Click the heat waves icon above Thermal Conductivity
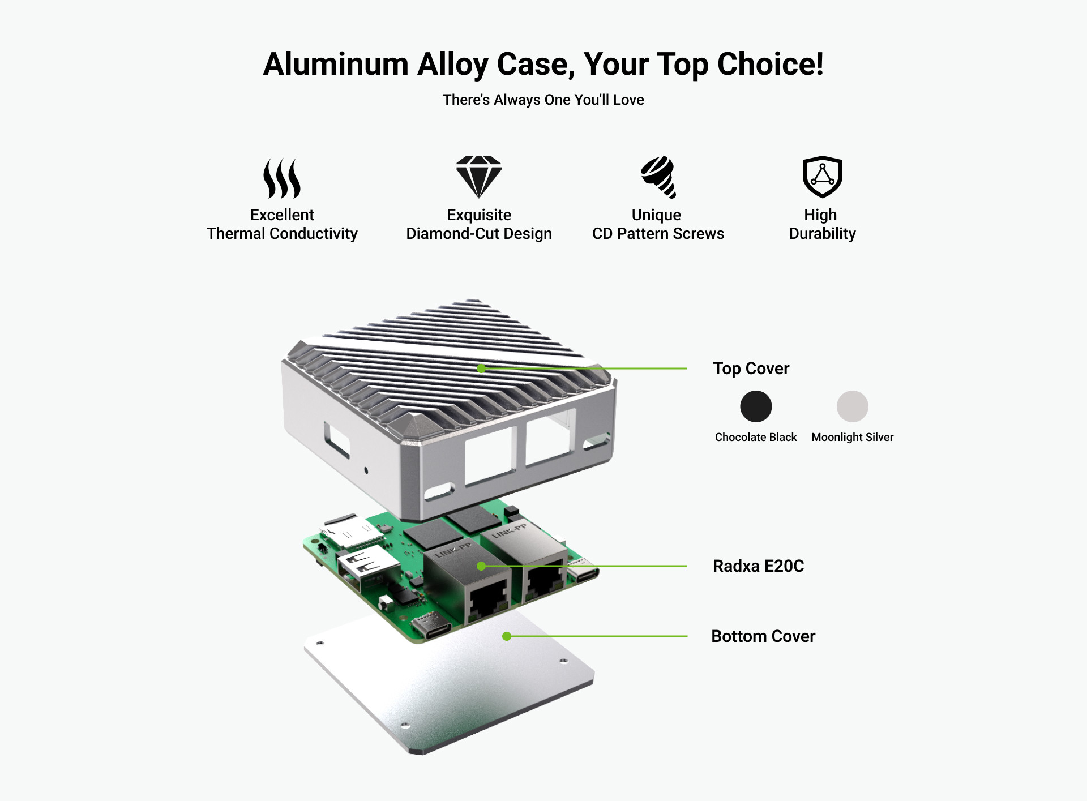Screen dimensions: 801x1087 coord(282,178)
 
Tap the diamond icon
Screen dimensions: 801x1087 coord(479,177)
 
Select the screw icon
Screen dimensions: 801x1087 coord(658,177)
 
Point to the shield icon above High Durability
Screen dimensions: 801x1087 coord(822,177)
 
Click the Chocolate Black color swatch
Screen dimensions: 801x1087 coord(756,406)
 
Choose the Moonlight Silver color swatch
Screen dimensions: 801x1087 coord(852,406)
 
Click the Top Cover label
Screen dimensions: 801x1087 coord(751,369)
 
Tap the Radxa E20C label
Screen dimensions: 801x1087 coord(758,566)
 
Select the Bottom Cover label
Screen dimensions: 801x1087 coord(763,636)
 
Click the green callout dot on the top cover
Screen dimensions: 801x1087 coord(481,369)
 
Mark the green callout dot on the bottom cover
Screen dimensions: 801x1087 coord(507,636)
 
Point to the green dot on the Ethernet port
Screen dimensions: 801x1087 coord(481,566)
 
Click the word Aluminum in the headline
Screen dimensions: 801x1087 coord(336,64)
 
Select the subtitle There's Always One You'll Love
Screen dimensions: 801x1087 coord(543,100)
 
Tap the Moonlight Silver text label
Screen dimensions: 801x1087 coord(852,437)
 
